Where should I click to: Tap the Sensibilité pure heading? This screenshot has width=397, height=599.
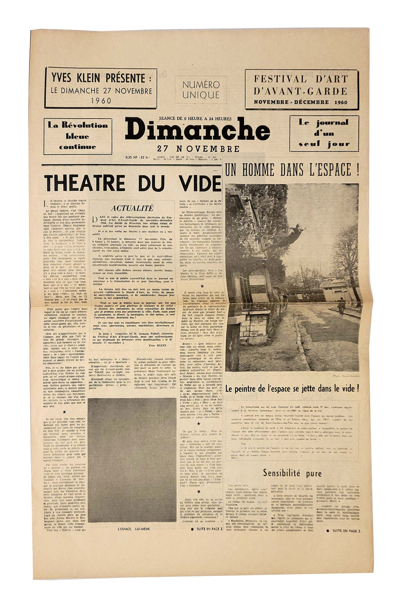pyautogui.click(x=292, y=466)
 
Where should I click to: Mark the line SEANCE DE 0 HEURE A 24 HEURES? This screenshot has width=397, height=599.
pyautogui.click(x=195, y=119)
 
